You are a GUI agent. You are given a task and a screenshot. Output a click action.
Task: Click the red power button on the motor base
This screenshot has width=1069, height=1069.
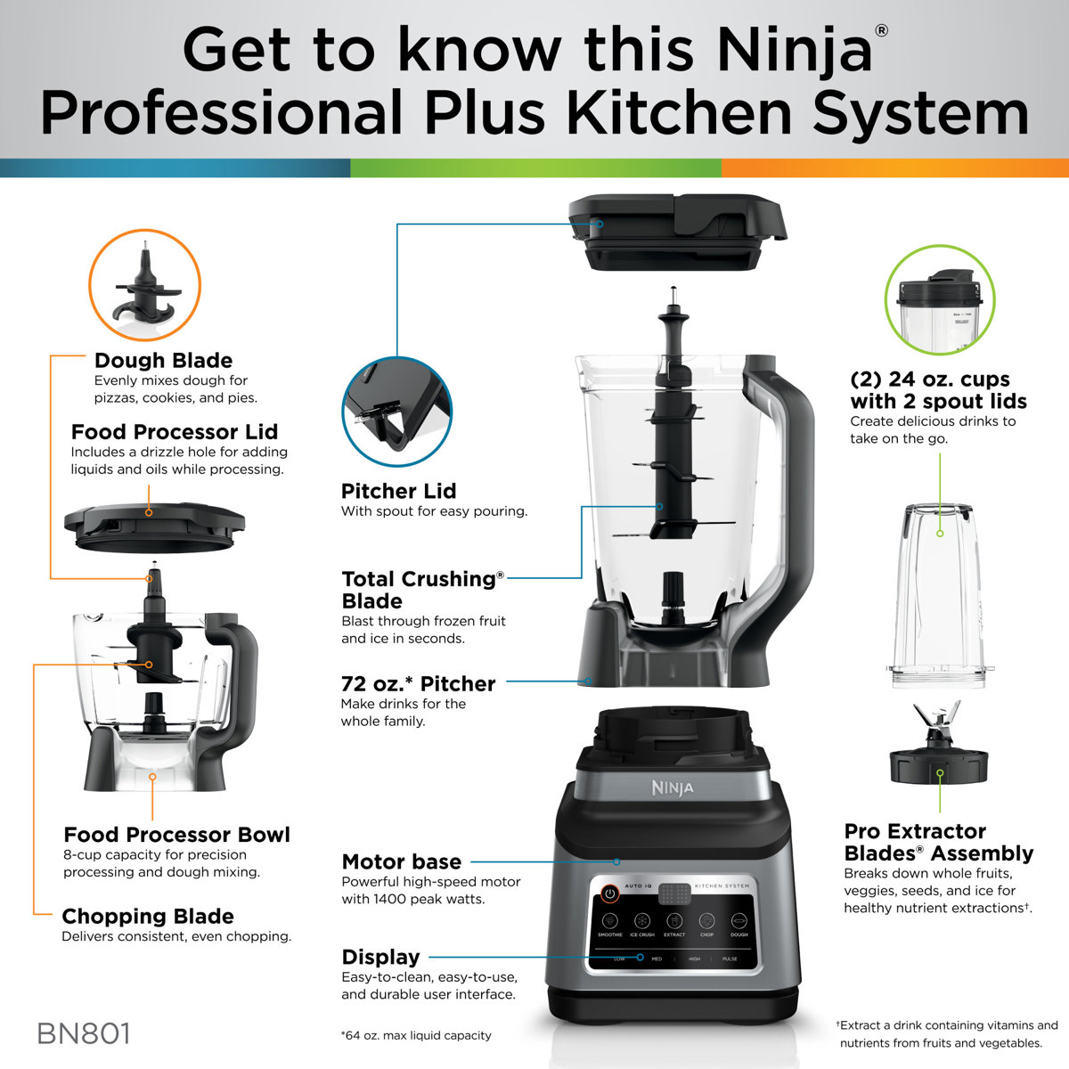610,893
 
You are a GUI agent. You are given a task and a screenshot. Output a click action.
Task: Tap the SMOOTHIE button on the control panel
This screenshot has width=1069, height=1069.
610,923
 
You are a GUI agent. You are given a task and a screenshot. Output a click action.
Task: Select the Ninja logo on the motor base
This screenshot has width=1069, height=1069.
672,788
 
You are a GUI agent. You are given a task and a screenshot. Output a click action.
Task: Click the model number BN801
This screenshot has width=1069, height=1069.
84,1033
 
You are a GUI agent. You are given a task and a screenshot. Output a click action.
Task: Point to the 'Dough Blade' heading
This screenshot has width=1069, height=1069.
163,361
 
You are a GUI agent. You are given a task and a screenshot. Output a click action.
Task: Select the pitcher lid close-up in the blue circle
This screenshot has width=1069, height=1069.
396,412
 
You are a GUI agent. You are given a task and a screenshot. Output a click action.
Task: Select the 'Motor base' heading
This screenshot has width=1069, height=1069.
401,861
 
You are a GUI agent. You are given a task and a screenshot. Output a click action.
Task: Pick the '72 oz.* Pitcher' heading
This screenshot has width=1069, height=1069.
418,683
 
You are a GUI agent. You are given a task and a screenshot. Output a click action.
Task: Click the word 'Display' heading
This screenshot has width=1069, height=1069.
380,957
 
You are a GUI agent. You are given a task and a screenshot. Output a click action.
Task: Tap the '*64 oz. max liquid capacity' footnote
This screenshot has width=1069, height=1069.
415,1035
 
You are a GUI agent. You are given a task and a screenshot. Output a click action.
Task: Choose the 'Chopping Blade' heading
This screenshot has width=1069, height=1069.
148,916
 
